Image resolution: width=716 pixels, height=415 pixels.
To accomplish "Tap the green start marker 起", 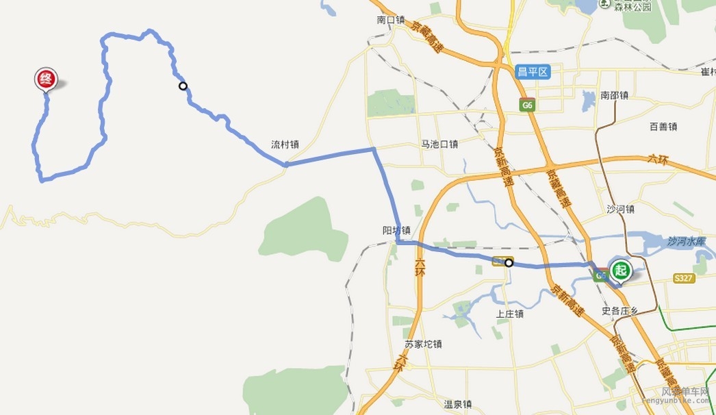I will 621,269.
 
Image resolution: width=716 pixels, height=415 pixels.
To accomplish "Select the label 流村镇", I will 285,144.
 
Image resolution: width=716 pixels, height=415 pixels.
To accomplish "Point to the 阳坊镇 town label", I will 396,230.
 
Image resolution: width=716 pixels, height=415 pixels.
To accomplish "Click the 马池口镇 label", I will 439,144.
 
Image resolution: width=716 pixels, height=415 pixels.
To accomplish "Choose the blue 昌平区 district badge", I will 533,72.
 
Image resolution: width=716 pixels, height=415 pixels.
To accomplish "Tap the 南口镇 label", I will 391,20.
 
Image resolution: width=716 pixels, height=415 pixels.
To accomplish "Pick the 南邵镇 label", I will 614,95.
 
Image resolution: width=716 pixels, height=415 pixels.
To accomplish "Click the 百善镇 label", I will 663,127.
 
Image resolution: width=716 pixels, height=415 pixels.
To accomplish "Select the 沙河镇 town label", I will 620,210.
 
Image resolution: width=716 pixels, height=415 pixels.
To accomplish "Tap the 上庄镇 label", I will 510,314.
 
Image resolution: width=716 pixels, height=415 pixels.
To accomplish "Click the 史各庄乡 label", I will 619,311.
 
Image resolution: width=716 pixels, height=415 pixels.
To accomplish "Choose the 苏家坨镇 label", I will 423,344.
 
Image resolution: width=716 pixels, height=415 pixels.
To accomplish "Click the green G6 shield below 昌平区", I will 526,105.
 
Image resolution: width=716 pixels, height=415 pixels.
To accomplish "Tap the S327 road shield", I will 683,278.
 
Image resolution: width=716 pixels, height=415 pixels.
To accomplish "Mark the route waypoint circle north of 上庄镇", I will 509,262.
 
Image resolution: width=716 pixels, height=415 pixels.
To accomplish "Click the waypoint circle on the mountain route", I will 183,86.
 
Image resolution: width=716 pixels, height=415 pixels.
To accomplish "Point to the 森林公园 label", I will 632,7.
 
